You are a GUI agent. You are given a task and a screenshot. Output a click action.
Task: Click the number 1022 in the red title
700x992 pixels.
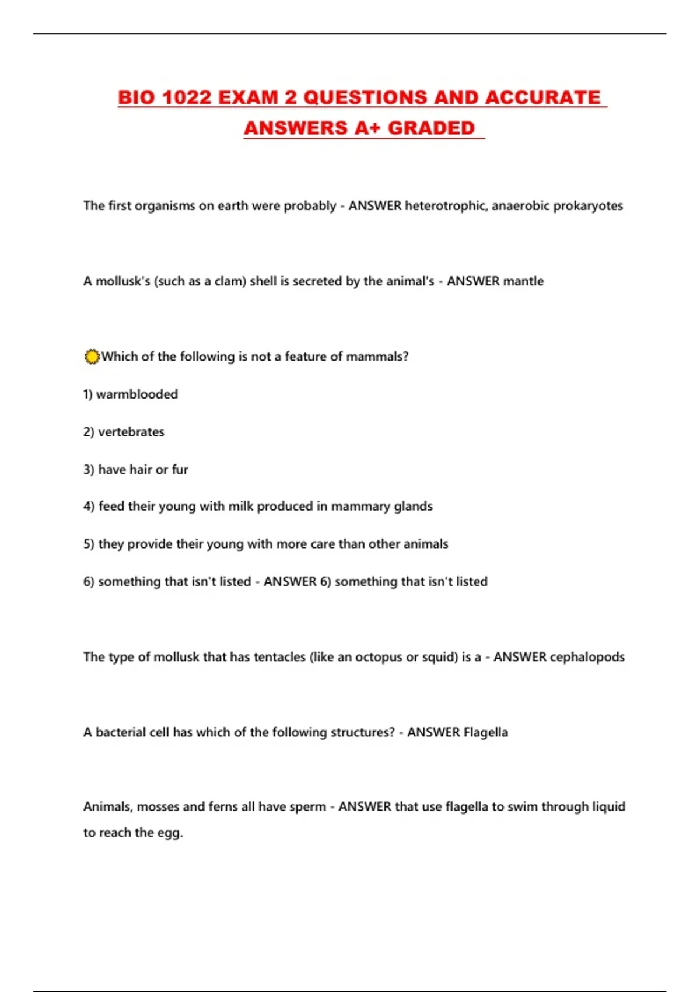[186, 97]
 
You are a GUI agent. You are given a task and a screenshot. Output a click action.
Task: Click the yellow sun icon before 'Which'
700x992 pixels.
[92, 357]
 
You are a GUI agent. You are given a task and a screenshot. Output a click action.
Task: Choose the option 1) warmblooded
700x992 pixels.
[130, 394]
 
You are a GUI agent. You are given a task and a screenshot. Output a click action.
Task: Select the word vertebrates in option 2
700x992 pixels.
[131, 432]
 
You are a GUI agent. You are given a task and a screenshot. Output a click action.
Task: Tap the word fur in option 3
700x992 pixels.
[180, 470]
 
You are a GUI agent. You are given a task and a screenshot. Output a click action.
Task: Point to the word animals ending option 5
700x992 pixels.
[426, 544]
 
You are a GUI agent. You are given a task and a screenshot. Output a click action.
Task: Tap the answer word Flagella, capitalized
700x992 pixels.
[485, 732]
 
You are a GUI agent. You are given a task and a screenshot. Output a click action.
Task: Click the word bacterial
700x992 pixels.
[121, 732]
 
